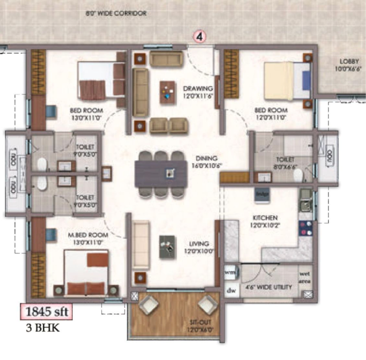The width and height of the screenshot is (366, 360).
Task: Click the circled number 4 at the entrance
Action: tap(200, 37)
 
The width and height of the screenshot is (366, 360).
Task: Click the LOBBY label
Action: tap(349, 65)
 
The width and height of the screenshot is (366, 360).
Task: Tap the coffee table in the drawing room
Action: tap(168, 91)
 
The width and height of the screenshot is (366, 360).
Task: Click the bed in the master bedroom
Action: tap(87, 272)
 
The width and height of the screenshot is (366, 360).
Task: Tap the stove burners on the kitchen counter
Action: tap(305, 228)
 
